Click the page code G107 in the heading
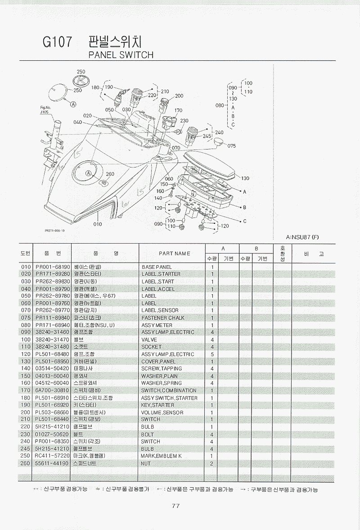pos(58,42)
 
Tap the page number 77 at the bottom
pos(176,506)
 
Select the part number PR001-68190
pos(53,267)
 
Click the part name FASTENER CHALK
pos(163,318)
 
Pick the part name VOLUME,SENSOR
pos(162,412)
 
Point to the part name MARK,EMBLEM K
pos(162,456)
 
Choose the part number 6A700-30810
pos(53,390)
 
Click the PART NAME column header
pos(174,254)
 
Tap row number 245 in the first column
pos(25,449)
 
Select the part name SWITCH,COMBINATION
pos(169,390)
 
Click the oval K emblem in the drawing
pos(81,82)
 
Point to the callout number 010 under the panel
pos(98,224)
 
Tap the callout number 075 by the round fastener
pos(232,146)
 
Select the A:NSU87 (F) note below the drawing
pos(302,237)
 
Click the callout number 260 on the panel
pos(110,174)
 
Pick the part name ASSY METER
pos(157,325)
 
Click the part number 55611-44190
pos(53,463)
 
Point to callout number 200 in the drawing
pos(179,96)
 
